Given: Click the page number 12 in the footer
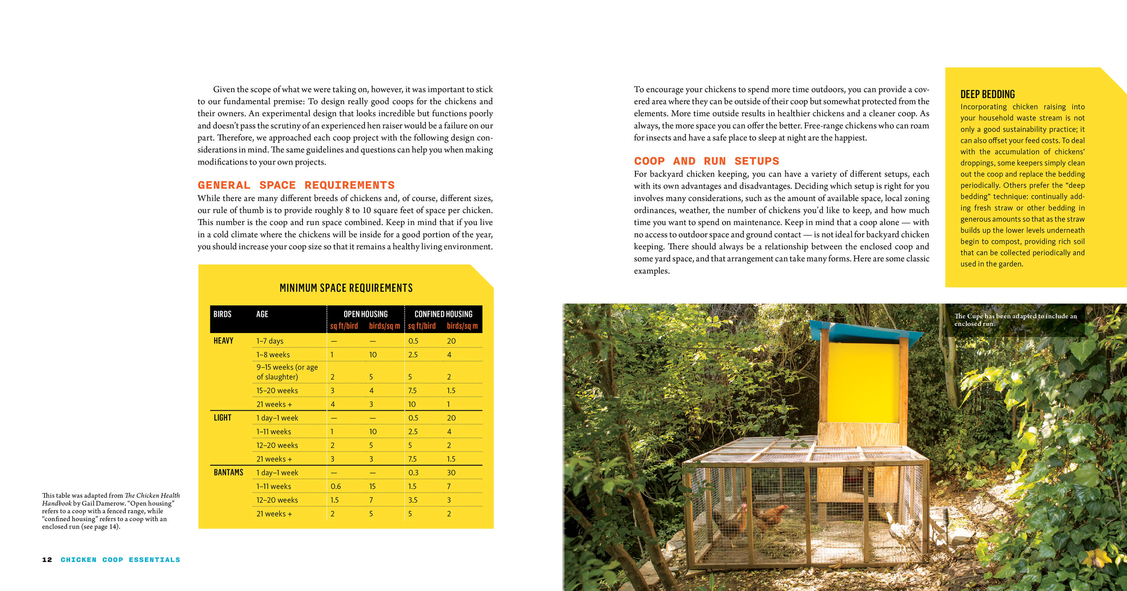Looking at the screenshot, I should click(47, 559).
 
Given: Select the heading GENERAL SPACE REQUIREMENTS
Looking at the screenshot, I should click(296, 185).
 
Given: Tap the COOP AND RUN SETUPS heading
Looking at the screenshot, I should click(707, 161).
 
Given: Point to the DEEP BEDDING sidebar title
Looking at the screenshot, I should click(987, 94).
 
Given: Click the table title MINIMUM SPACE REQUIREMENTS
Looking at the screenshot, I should click(346, 288).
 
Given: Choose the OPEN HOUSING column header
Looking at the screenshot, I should click(365, 314).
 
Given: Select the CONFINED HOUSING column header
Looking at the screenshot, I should click(443, 314).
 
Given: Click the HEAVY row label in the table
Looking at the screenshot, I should click(223, 340).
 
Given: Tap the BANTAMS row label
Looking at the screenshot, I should click(228, 472).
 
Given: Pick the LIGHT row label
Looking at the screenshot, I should click(222, 418).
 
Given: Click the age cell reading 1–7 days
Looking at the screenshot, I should click(270, 340).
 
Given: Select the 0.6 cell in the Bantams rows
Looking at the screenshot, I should click(335, 487).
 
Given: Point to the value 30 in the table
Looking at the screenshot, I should click(451, 473).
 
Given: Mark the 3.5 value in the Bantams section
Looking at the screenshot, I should click(413, 500).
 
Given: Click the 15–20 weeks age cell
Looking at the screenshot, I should click(277, 391).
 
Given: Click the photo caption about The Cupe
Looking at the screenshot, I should click(1015, 320).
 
